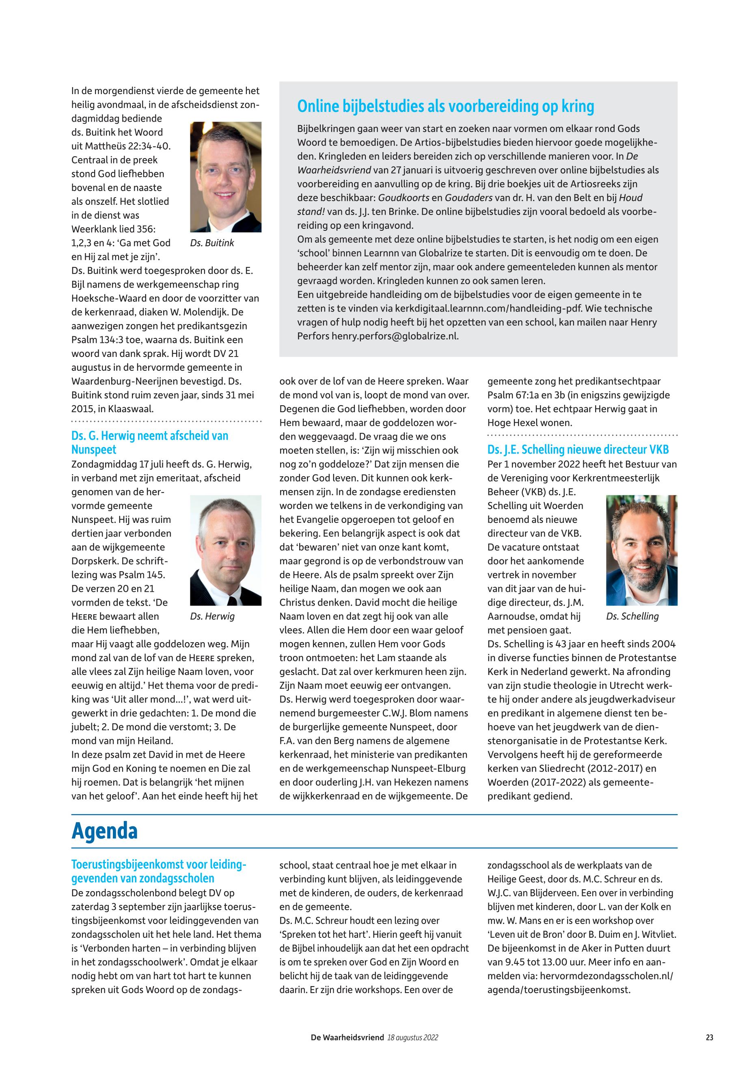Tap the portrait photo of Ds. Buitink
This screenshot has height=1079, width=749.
click(225, 177)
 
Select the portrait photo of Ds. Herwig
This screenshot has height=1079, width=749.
click(225, 550)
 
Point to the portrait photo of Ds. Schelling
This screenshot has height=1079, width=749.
click(641, 550)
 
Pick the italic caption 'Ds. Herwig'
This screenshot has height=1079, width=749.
click(212, 616)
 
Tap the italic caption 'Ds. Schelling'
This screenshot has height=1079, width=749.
click(632, 616)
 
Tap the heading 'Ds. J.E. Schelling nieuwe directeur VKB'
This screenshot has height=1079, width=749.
click(578, 450)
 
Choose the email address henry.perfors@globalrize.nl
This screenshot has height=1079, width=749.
click(395, 336)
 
